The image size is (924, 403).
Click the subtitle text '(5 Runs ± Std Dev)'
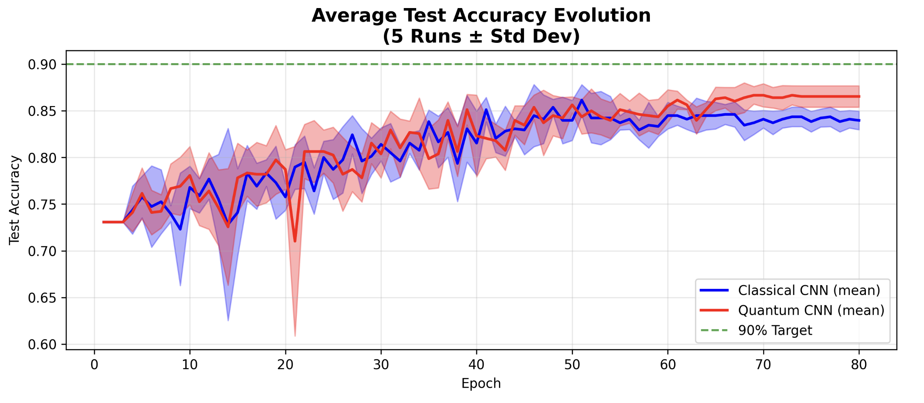coord(481,36)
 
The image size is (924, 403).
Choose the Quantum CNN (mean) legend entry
coord(811,311)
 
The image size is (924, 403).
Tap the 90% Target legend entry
coord(775,330)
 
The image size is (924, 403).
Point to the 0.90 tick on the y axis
coord(42,64)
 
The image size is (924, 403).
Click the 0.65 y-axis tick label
coord(42,298)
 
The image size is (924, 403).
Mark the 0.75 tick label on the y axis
coord(42,205)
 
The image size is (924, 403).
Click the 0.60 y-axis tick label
coord(42,345)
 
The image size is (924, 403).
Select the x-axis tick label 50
coord(572,365)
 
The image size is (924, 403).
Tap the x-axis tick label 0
coord(94,365)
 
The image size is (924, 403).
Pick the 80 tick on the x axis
coord(859,365)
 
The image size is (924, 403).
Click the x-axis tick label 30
coord(381,365)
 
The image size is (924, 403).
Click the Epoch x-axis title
coord(481,383)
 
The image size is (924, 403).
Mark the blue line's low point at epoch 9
coord(180,229)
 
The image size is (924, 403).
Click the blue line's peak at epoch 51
coord(582,100)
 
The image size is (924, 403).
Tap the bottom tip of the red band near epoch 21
coord(295,336)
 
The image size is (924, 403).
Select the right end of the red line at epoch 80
coord(859,97)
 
